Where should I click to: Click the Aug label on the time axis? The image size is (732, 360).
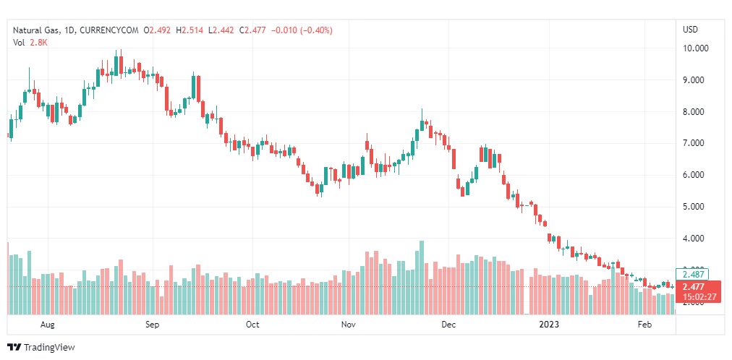(x=48, y=325)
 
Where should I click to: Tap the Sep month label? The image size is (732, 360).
(x=152, y=325)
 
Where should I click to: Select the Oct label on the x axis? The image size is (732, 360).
(x=252, y=325)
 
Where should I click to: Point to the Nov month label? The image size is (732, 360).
(x=349, y=325)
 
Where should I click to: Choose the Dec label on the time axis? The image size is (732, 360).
(x=448, y=325)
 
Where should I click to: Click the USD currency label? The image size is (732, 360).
(x=690, y=30)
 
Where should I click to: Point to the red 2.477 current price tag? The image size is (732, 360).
(x=697, y=287)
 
